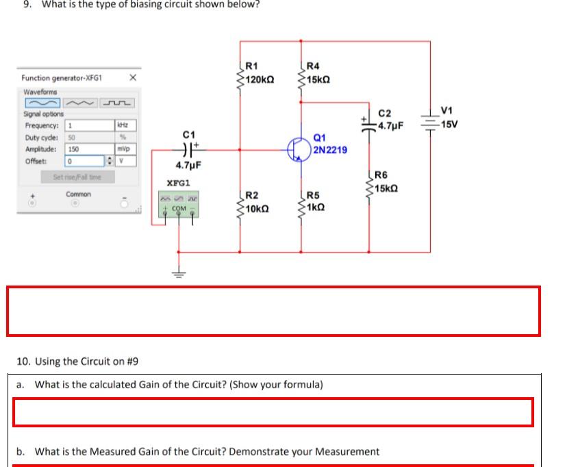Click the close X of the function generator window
[x=133, y=78]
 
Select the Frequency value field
[x=88, y=126]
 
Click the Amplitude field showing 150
[x=88, y=149]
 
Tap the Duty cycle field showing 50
[x=88, y=138]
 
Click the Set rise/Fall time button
[x=77, y=177]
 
